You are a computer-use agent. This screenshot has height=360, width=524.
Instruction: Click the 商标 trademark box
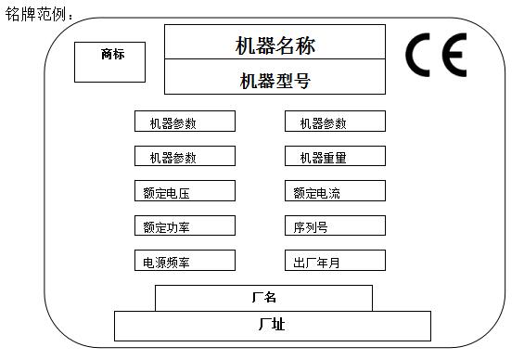click(109, 62)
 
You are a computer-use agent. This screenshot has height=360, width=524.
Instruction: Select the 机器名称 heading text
click(275, 43)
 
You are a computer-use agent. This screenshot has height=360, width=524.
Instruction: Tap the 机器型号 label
click(275, 82)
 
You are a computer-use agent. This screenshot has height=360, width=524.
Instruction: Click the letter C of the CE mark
click(421, 56)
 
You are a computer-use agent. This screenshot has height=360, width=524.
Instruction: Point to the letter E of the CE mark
click(454, 56)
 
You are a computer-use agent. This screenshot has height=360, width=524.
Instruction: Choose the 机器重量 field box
click(335, 157)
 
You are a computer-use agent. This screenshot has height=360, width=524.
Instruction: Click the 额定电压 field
click(185, 193)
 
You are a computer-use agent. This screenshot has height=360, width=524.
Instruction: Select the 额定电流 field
click(335, 193)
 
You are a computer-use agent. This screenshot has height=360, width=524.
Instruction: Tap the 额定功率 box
click(185, 226)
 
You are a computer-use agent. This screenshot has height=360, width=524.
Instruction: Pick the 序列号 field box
click(335, 226)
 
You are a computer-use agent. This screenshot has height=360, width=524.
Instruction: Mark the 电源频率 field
click(185, 262)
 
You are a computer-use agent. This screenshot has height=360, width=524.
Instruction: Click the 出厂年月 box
click(335, 262)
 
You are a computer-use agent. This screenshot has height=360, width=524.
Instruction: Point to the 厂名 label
click(263, 298)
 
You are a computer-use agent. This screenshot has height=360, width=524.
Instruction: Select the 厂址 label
click(272, 325)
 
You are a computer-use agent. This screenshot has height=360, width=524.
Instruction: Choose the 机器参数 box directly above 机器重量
click(335, 122)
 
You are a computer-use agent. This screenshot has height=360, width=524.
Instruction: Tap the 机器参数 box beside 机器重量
click(185, 157)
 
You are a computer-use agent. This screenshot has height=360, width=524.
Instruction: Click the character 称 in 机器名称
click(302, 43)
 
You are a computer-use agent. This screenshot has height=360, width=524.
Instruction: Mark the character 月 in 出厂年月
click(334, 263)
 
